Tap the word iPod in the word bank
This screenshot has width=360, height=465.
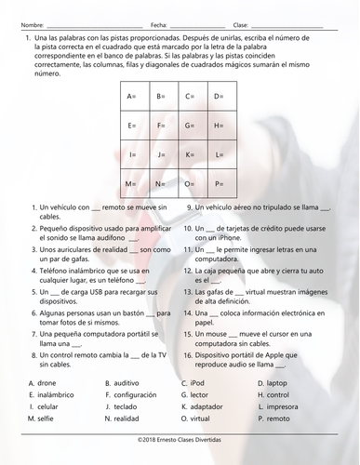tap(196, 383)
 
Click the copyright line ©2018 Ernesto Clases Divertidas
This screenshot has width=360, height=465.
tap(180, 439)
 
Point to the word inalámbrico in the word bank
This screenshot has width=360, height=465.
tap(54, 395)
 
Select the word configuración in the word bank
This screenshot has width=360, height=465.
tap(134, 395)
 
